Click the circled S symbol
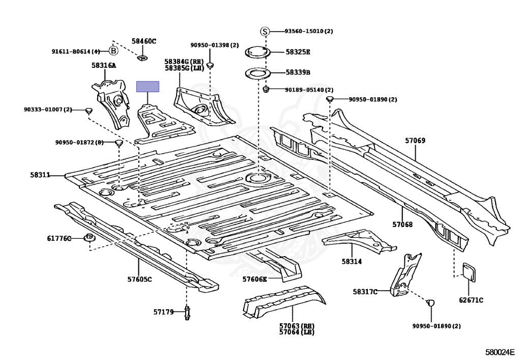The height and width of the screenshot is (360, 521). [x=265, y=31]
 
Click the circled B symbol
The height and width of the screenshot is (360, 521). [x=113, y=51]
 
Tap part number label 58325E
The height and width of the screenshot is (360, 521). [x=298, y=52]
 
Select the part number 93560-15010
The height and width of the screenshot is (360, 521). [x=304, y=31]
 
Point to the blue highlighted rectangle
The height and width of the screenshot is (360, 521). [x=148, y=87]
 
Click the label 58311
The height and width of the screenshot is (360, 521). [x=40, y=175]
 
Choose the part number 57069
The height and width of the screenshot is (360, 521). [x=415, y=140]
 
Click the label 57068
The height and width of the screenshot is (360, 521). [x=402, y=225]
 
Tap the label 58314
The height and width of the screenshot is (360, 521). [x=352, y=261]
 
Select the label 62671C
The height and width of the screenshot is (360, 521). [x=471, y=300]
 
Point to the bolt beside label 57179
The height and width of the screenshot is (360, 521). [x=187, y=313]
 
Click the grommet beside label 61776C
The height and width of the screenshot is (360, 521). [x=89, y=238]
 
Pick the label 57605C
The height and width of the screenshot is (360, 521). [x=139, y=279]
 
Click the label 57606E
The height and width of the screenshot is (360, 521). [x=254, y=279]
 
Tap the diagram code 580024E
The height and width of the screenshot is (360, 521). [x=500, y=352]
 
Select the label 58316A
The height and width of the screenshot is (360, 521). [x=104, y=66]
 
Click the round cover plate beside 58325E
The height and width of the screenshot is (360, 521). [x=257, y=52]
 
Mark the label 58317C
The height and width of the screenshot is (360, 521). [x=365, y=292]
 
